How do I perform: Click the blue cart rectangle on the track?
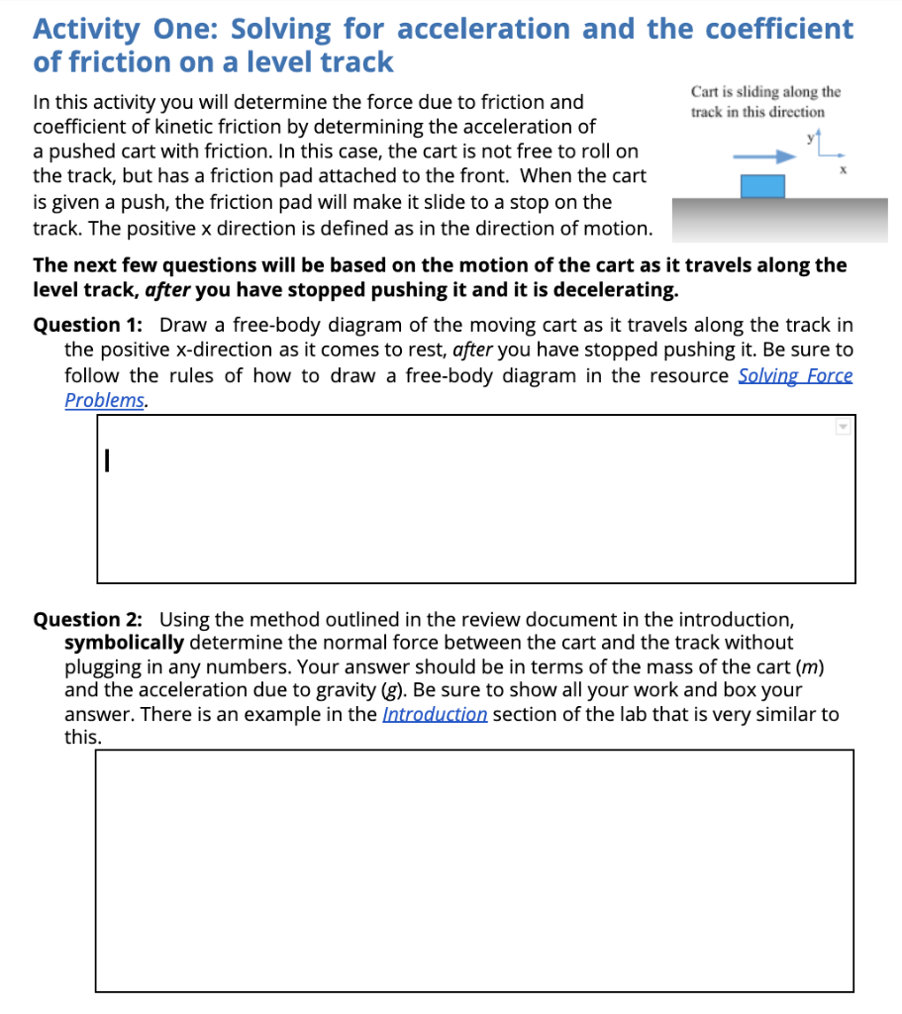[762, 186]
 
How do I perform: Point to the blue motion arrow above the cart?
[763, 155]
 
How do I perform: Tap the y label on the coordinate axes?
[808, 139]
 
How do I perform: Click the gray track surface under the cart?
[779, 218]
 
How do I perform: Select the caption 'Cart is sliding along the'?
[765, 92]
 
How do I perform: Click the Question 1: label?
[88, 325]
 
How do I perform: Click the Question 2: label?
[88, 620]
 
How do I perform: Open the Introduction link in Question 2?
[435, 714]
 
